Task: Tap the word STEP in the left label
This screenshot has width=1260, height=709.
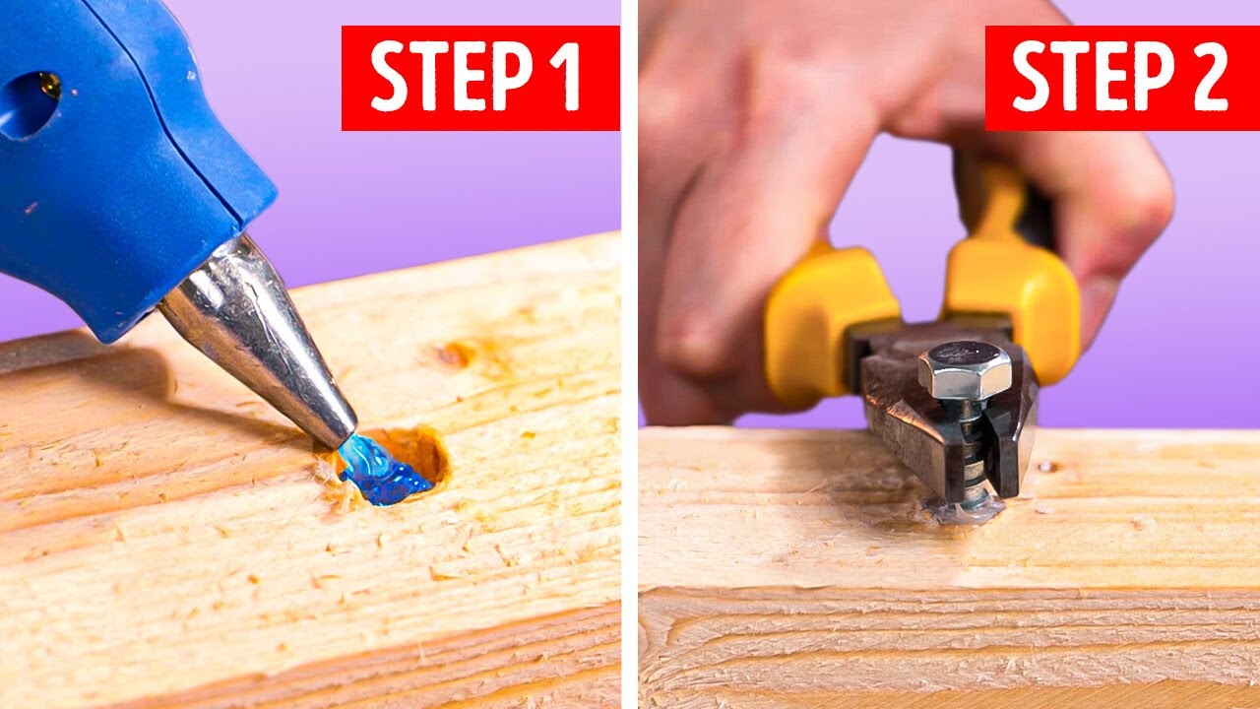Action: pos(448,78)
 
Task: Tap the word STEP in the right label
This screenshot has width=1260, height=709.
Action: pos(1088,78)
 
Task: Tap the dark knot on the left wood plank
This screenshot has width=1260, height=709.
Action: pos(455,354)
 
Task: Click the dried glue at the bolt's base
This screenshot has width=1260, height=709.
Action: pos(970,509)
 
